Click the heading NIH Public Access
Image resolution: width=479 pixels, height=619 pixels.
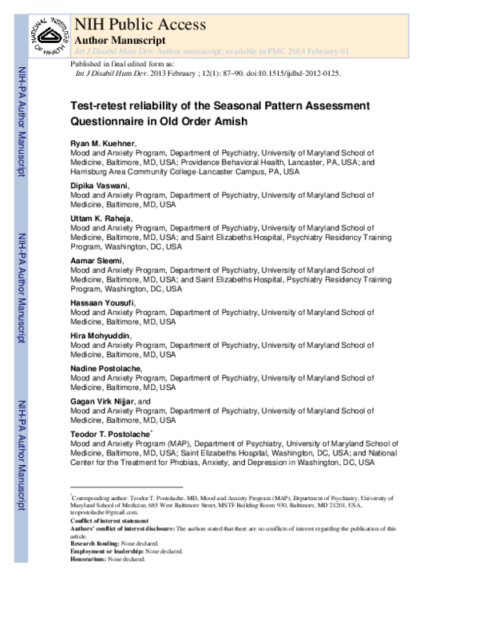click(x=139, y=23)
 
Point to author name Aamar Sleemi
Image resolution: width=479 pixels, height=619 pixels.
click(x=97, y=260)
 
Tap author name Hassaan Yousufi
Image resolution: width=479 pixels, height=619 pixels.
click(x=101, y=302)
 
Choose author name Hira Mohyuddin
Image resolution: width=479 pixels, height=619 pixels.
click(x=100, y=335)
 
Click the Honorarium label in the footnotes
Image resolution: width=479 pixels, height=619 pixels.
click(x=88, y=559)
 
